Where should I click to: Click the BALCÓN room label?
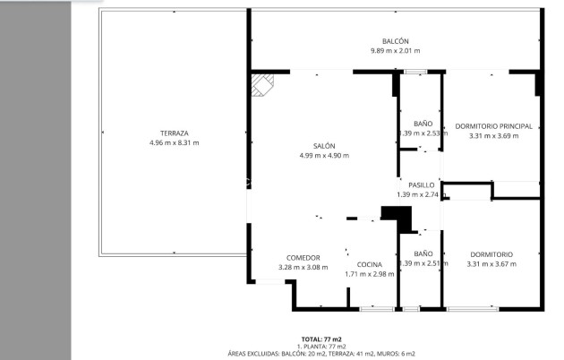pos(396,41)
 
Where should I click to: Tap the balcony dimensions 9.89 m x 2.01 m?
pos(396,51)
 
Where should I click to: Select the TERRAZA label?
pos(175,133)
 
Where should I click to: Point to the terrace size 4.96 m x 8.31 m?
pos(175,143)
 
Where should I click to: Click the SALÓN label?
pos(324,146)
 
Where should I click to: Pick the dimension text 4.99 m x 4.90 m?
pos(324,156)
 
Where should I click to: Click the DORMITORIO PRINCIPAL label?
pos(493,126)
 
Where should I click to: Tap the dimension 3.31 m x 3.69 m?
pos(493,136)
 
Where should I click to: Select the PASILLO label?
pos(422,184)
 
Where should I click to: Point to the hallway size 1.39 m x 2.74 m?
pos(422,194)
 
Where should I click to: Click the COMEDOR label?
pos(303,258)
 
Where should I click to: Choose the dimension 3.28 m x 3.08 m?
pos(303,267)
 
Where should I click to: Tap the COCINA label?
pos(370,264)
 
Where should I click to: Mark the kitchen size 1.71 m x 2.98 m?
pos(370,274)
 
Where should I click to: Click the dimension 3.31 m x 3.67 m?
pos(491,264)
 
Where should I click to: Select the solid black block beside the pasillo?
pos(395,217)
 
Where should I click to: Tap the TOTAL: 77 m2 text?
pos(320,339)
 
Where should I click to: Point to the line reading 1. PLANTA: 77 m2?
pos(320,347)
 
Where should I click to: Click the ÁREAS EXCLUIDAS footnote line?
pos(320,354)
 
